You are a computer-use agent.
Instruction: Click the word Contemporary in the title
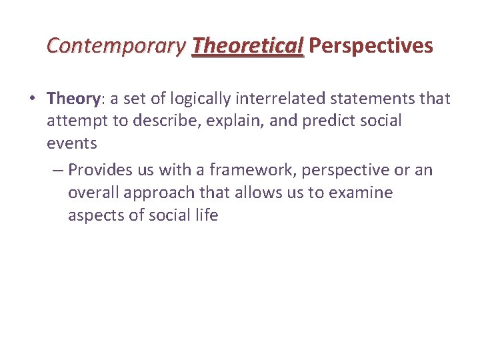pos(116,46)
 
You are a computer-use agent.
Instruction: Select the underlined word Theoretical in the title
pos(247,46)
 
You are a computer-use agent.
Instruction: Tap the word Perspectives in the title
pos(371,46)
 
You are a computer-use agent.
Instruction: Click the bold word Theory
pos(73,99)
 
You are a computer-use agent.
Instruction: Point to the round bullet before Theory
pos(33,99)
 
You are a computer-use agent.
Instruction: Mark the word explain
pos(229,121)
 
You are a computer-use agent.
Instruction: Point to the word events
pos(72,143)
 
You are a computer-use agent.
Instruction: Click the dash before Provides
pos(57,171)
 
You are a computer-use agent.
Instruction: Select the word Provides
pos(101,171)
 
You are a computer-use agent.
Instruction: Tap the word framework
pos(249,171)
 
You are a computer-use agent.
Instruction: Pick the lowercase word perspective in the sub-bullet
pos(345,171)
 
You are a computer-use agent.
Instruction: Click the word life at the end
pos(205,216)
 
